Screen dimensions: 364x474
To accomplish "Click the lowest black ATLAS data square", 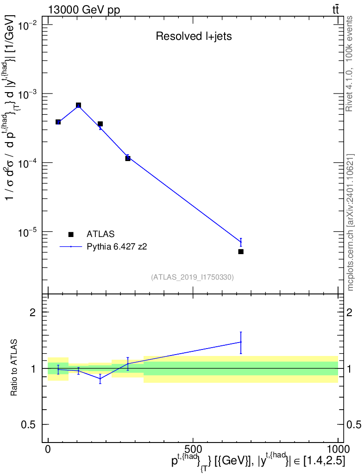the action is click(241, 251).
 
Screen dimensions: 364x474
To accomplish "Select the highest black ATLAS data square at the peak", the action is click(78, 105).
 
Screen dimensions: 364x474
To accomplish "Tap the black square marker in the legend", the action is click(71, 234).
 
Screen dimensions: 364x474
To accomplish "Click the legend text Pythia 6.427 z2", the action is click(117, 247).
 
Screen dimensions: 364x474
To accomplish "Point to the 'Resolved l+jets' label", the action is click(194, 36).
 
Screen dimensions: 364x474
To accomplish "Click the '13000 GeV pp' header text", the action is click(84, 10).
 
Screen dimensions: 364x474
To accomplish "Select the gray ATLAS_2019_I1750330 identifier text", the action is click(192, 277).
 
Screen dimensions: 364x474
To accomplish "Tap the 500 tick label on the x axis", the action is click(193, 449).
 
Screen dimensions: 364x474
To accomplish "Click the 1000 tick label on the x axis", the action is click(338, 449).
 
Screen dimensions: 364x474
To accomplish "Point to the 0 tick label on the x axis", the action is click(48, 449).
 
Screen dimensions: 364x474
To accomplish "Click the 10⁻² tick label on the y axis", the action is click(28, 25).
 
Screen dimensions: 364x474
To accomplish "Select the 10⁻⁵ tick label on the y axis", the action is click(28, 232).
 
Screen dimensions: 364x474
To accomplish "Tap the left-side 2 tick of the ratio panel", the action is click(32, 312).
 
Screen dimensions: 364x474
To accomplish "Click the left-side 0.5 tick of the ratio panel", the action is click(28, 424).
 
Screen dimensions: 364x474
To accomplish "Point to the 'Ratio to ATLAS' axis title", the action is click(13, 368).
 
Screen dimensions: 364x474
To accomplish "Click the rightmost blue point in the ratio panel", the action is click(241, 342).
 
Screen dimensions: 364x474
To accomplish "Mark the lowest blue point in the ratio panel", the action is click(100, 379).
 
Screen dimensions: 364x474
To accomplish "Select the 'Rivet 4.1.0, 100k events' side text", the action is click(349, 64).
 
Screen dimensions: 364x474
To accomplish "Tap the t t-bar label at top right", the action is click(336, 10).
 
